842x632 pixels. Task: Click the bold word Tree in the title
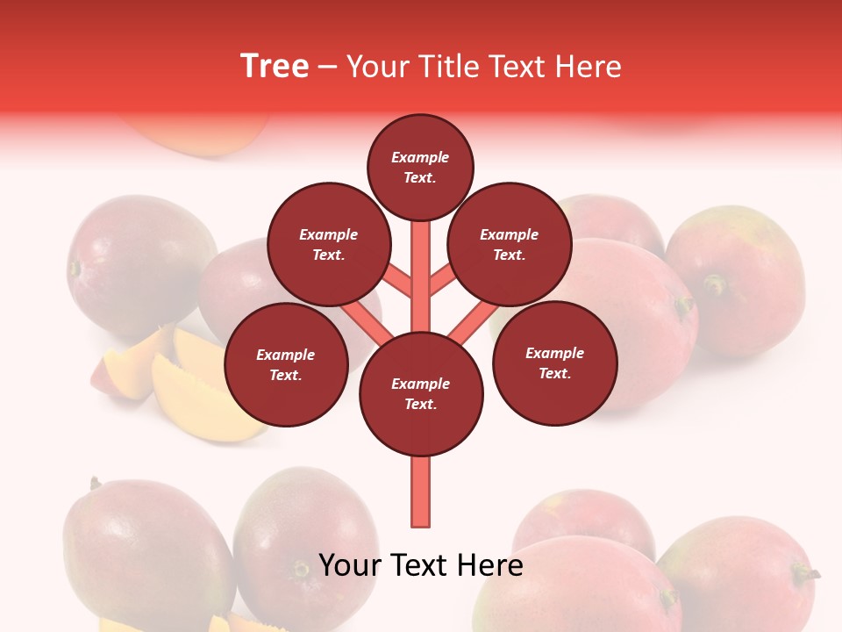(x=275, y=66)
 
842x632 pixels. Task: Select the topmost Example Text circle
(x=420, y=167)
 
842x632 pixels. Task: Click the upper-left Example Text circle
(x=328, y=244)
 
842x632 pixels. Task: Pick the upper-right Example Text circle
(x=510, y=244)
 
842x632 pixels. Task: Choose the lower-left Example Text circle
(x=286, y=364)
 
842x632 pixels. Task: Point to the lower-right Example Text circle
(x=555, y=363)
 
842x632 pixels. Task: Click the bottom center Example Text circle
(x=421, y=393)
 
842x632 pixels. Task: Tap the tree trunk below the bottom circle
(x=421, y=492)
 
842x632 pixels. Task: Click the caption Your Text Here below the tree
(x=421, y=565)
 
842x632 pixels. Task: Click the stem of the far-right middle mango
(x=716, y=284)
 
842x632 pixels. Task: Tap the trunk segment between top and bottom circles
(x=421, y=272)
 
